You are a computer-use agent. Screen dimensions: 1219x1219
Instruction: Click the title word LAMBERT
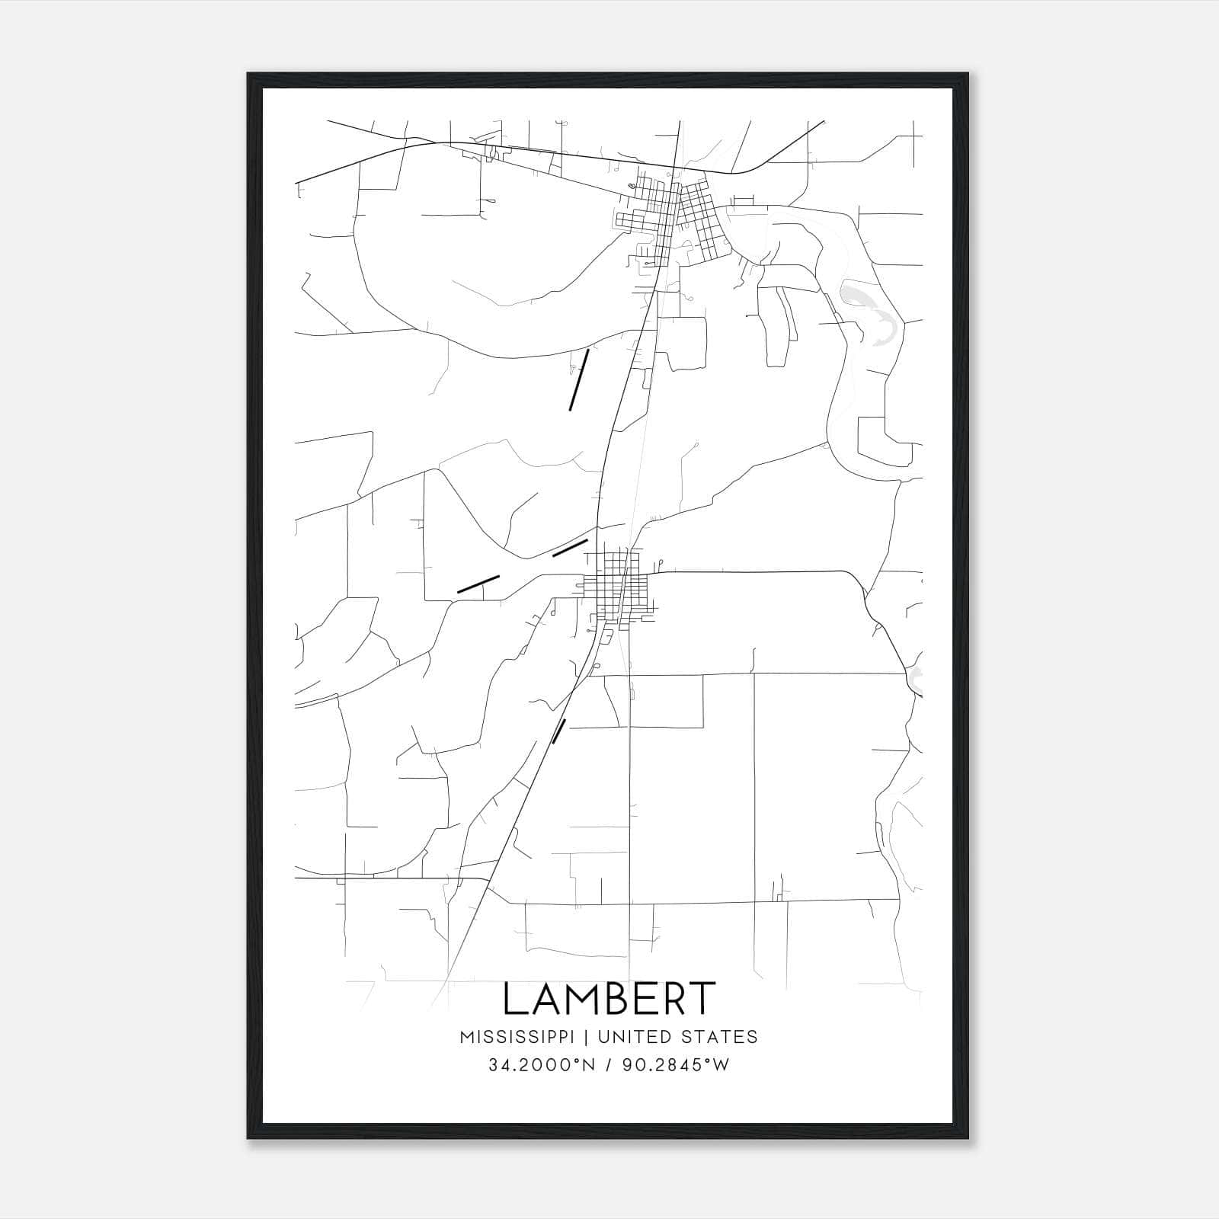(609, 999)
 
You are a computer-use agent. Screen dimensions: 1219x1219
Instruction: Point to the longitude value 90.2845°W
(676, 1065)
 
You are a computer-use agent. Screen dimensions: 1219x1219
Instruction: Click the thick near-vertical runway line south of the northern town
(579, 380)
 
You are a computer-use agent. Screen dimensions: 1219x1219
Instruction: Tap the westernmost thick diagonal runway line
(478, 584)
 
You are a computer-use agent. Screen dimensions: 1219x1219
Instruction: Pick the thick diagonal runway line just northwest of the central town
(570, 548)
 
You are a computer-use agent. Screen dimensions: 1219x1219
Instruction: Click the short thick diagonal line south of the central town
(558, 731)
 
